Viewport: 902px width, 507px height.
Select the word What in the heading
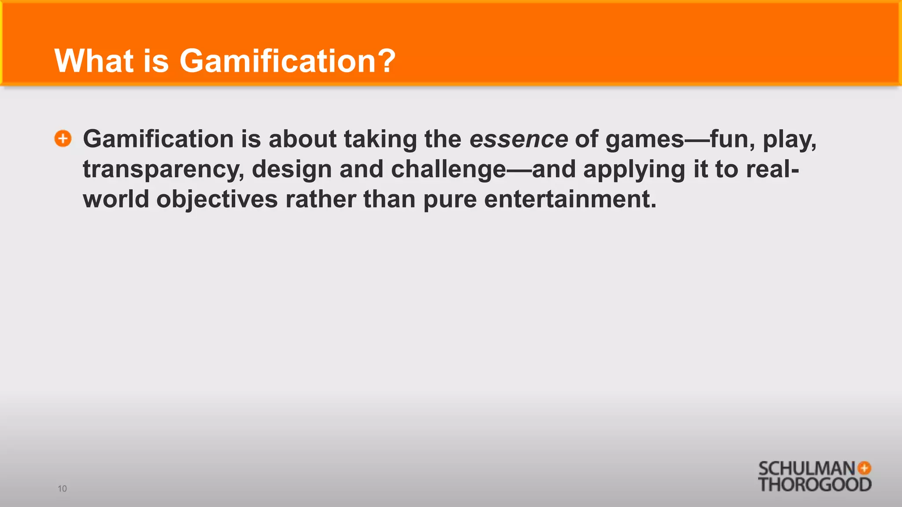94,61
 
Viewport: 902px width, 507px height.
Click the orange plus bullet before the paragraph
63,139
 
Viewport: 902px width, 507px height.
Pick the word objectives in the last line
217,199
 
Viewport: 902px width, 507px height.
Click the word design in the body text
292,170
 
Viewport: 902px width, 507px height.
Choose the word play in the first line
789,140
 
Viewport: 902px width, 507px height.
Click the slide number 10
62,489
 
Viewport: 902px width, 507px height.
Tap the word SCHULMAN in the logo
806,469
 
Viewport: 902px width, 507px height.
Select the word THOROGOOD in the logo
814,485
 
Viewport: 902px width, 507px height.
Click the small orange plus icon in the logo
865,468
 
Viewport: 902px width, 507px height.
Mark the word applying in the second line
634,170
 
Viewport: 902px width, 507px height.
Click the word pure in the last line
450,200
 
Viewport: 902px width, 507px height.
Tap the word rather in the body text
320,199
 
